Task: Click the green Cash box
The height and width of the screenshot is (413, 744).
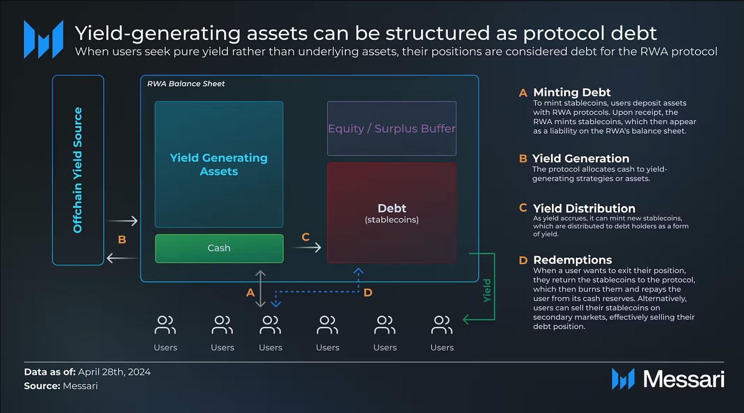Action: pyautogui.click(x=219, y=248)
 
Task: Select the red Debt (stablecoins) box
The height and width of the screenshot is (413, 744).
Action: pyautogui.click(x=391, y=213)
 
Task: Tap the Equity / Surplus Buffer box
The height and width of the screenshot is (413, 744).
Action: pyautogui.click(x=391, y=128)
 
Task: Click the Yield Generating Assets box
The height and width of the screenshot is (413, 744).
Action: pyautogui.click(x=219, y=164)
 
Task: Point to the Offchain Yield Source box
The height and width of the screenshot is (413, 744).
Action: pyautogui.click(x=78, y=170)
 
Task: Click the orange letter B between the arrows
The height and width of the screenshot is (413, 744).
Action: pyautogui.click(x=122, y=239)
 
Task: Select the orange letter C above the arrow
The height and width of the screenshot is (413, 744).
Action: pyautogui.click(x=306, y=237)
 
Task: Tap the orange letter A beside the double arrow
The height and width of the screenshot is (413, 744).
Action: pyautogui.click(x=250, y=293)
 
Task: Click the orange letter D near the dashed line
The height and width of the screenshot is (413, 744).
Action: pyautogui.click(x=368, y=293)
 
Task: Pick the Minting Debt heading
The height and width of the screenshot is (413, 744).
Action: pyautogui.click(x=571, y=92)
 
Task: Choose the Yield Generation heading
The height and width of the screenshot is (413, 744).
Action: pyautogui.click(x=580, y=158)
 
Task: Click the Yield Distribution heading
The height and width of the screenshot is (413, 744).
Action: pyautogui.click(x=584, y=208)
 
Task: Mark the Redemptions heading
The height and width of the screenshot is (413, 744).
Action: pyautogui.click(x=572, y=260)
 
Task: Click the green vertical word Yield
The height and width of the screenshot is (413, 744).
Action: pyautogui.click(x=487, y=290)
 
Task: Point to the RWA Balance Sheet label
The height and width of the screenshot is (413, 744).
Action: pyautogui.click(x=186, y=84)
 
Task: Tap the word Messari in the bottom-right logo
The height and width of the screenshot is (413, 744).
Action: pyautogui.click(x=684, y=379)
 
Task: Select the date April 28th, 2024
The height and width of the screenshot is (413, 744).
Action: pyautogui.click(x=114, y=372)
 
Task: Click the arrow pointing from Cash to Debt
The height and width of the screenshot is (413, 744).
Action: pyautogui.click(x=307, y=248)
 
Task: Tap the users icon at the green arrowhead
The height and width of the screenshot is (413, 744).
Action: pyautogui.click(x=441, y=325)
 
